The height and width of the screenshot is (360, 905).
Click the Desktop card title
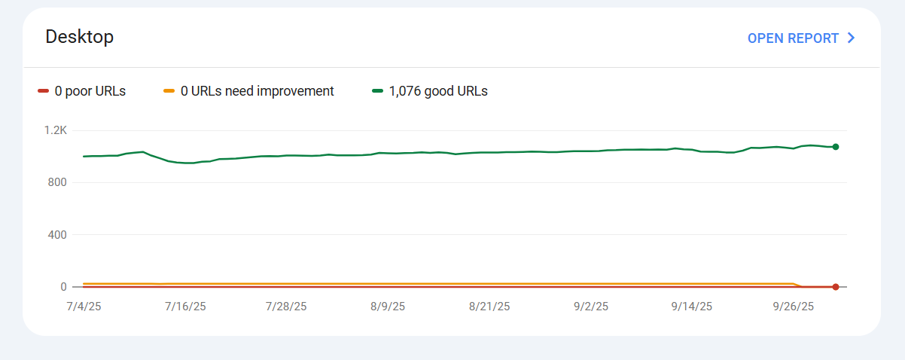click(x=80, y=37)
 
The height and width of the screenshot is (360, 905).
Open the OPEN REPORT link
click(x=793, y=38)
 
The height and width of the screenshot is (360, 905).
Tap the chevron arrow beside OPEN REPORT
click(x=852, y=38)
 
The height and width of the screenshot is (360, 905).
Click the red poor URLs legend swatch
click(x=43, y=91)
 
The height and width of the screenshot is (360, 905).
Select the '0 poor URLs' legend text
click(x=90, y=91)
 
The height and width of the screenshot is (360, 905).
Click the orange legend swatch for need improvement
click(x=169, y=91)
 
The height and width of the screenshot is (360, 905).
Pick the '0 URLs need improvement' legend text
click(x=257, y=91)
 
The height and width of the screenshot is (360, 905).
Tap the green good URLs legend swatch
click(x=378, y=91)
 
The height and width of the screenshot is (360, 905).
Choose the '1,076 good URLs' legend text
click(x=438, y=91)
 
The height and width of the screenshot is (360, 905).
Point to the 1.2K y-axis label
click(x=56, y=130)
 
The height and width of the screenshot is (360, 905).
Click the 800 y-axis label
click(x=57, y=182)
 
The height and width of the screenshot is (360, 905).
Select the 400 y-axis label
click(x=57, y=235)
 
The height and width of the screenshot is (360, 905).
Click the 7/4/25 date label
click(x=83, y=307)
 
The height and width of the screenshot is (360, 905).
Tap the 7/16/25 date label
click(x=185, y=307)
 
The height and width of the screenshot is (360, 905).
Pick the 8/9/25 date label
click(x=388, y=307)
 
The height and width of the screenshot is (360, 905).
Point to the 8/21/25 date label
click(x=489, y=307)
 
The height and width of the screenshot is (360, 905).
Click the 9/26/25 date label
click(x=794, y=307)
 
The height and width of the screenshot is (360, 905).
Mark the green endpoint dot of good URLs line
click(x=836, y=147)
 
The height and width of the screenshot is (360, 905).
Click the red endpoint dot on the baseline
click(x=836, y=287)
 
